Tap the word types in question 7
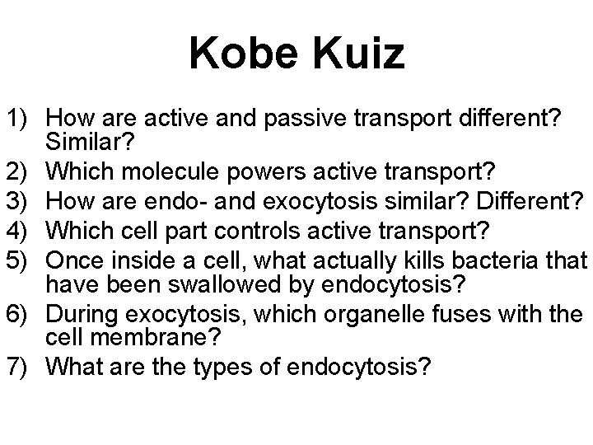[x=222, y=366]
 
